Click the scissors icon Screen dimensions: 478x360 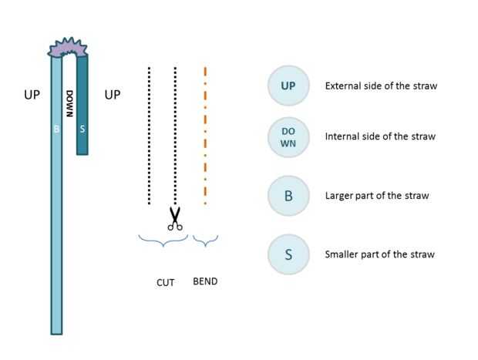pyautogui.click(x=175, y=219)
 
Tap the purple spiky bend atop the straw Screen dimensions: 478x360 pyautogui.click(x=67, y=48)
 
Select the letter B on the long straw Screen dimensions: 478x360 pyautogui.click(x=56, y=129)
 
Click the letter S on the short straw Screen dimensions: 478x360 pyautogui.click(x=82, y=129)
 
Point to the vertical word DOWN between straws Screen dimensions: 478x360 pyautogui.click(x=69, y=103)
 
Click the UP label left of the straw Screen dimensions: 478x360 pyautogui.click(x=32, y=95)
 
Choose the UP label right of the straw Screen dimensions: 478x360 pyautogui.click(x=113, y=95)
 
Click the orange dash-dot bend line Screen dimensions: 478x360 pyautogui.click(x=205, y=136)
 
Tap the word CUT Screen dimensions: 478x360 pyautogui.click(x=165, y=283)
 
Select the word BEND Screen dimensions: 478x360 pyautogui.click(x=205, y=281)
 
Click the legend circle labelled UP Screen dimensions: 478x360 pyautogui.click(x=288, y=86)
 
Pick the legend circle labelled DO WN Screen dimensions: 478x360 pyautogui.click(x=288, y=137)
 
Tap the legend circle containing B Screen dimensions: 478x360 pyautogui.click(x=288, y=196)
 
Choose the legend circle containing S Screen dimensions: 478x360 pyautogui.click(x=288, y=254)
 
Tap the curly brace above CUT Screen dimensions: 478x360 pyautogui.click(x=163, y=241)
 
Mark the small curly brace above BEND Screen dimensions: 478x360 pyautogui.click(x=206, y=241)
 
